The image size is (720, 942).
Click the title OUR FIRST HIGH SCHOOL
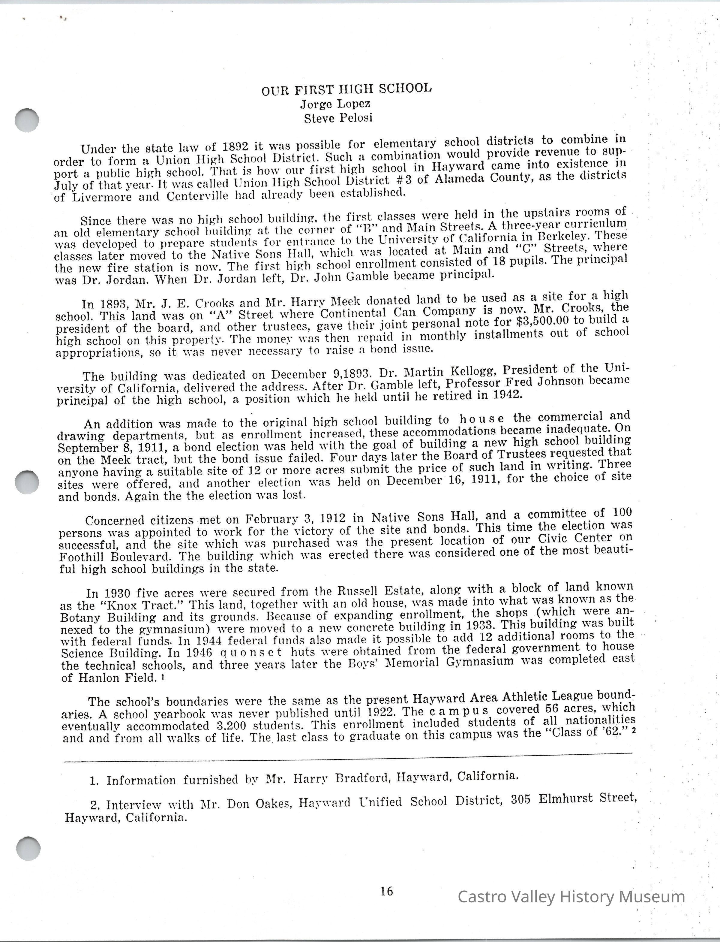346,89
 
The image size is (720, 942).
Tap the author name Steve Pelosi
338,118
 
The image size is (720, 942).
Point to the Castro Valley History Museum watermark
571,896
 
